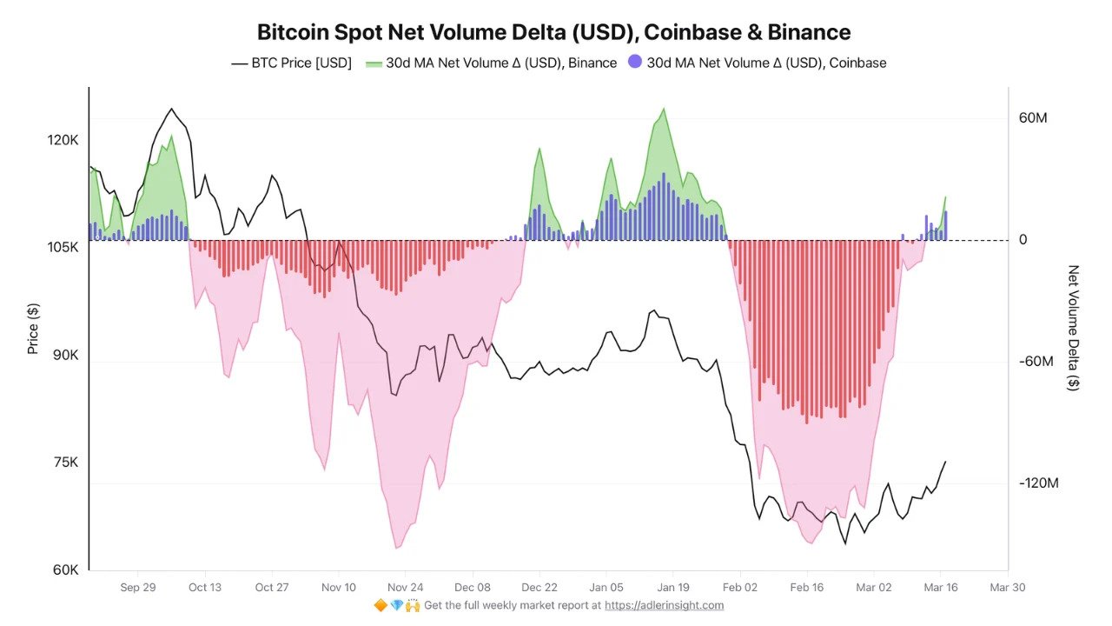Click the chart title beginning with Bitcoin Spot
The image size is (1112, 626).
(553, 32)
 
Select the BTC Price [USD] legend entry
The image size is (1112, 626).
(291, 63)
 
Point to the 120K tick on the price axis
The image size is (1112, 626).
(63, 140)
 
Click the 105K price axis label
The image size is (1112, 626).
(63, 248)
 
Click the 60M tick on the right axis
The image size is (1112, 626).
(1033, 117)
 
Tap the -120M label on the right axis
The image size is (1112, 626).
(1038, 483)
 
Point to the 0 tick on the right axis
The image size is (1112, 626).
(1023, 240)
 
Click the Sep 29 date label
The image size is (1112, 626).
(138, 588)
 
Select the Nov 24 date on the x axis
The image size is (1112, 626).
(406, 588)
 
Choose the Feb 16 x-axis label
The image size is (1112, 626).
(806, 588)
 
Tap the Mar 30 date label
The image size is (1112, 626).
(1008, 588)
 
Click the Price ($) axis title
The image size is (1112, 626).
(33, 329)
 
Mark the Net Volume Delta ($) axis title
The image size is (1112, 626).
(1074, 328)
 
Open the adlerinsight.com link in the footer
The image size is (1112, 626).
(665, 605)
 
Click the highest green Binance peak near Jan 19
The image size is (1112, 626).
(664, 109)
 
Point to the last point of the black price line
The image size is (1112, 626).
(945, 462)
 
